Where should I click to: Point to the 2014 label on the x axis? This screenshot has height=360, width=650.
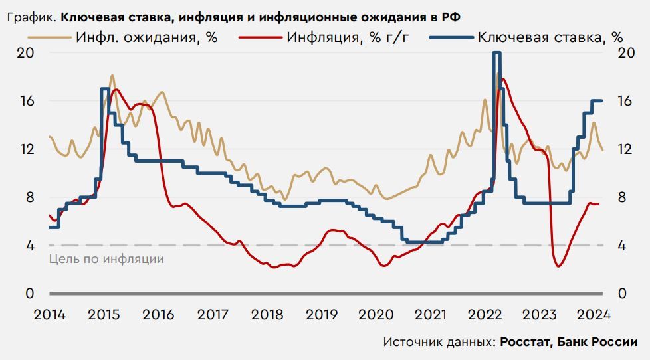[49, 314]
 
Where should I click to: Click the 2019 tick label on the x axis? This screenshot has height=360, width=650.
[322, 314]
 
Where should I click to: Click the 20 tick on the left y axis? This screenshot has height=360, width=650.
[25, 53]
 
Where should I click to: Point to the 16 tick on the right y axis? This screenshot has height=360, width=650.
[627, 101]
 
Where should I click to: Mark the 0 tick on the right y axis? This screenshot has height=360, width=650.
[623, 294]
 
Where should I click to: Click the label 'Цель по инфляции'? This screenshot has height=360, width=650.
[106, 258]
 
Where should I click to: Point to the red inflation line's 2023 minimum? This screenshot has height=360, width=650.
[558, 266]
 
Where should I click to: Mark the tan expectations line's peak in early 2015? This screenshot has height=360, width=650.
[112, 76]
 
